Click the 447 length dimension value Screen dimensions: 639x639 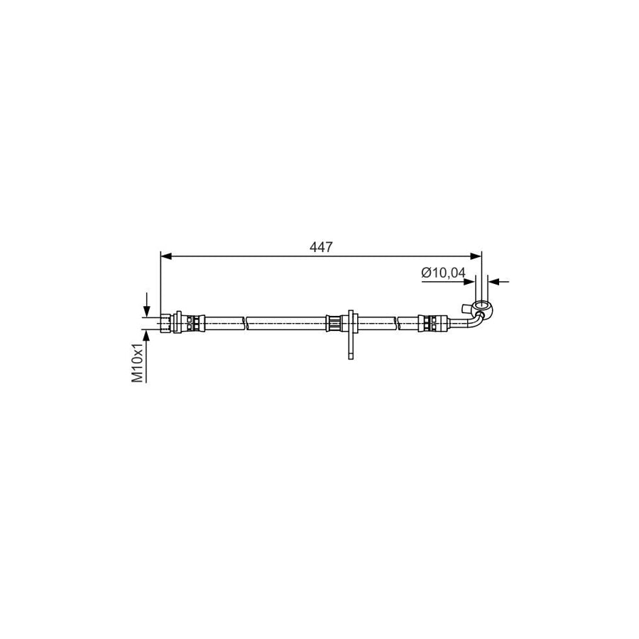(321, 247)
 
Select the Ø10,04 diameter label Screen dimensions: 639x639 (443, 273)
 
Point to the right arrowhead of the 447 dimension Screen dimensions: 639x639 (476, 256)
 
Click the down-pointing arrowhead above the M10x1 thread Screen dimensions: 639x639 (146, 312)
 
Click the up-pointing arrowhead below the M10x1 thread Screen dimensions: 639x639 (146, 336)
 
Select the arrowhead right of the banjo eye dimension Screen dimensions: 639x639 (494, 281)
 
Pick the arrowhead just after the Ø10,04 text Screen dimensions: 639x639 (469, 281)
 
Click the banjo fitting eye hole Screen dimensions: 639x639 (481, 305)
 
